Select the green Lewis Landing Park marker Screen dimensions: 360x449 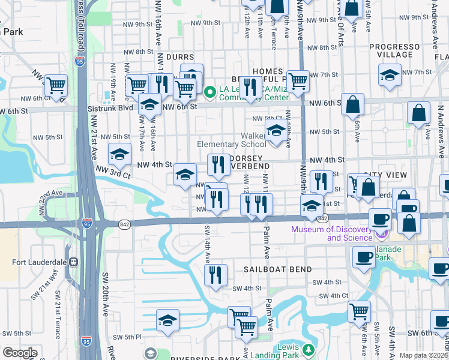308,349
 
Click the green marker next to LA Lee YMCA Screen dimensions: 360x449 209,93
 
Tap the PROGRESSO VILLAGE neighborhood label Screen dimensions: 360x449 394,50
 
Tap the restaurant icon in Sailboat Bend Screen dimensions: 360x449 215,275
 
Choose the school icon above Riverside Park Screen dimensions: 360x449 168,320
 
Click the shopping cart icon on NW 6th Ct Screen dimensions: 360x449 56,86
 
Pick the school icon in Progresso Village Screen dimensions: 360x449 389,75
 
